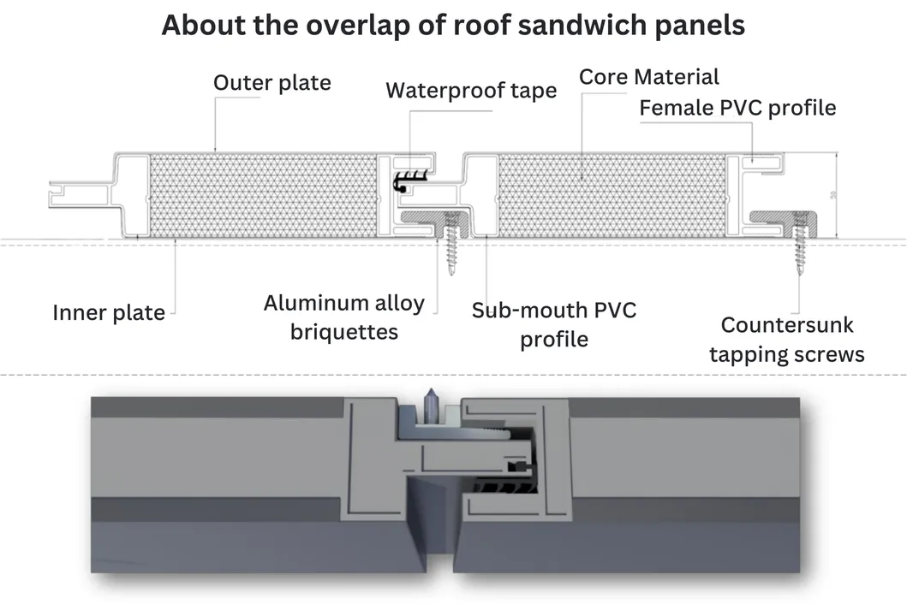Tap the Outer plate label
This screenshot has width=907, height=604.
coord(272,83)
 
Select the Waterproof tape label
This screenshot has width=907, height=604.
coord(471,91)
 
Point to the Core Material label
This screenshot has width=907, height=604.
coord(649,77)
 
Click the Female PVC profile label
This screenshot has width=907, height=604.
coord(737,108)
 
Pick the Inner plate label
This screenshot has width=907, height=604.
coord(109,312)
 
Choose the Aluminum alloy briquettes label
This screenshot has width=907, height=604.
coord(343,317)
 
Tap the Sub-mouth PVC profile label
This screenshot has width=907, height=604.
coord(554,323)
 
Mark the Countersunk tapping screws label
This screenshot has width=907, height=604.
coord(786,340)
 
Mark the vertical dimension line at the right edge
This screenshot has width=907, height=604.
coord(835,195)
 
